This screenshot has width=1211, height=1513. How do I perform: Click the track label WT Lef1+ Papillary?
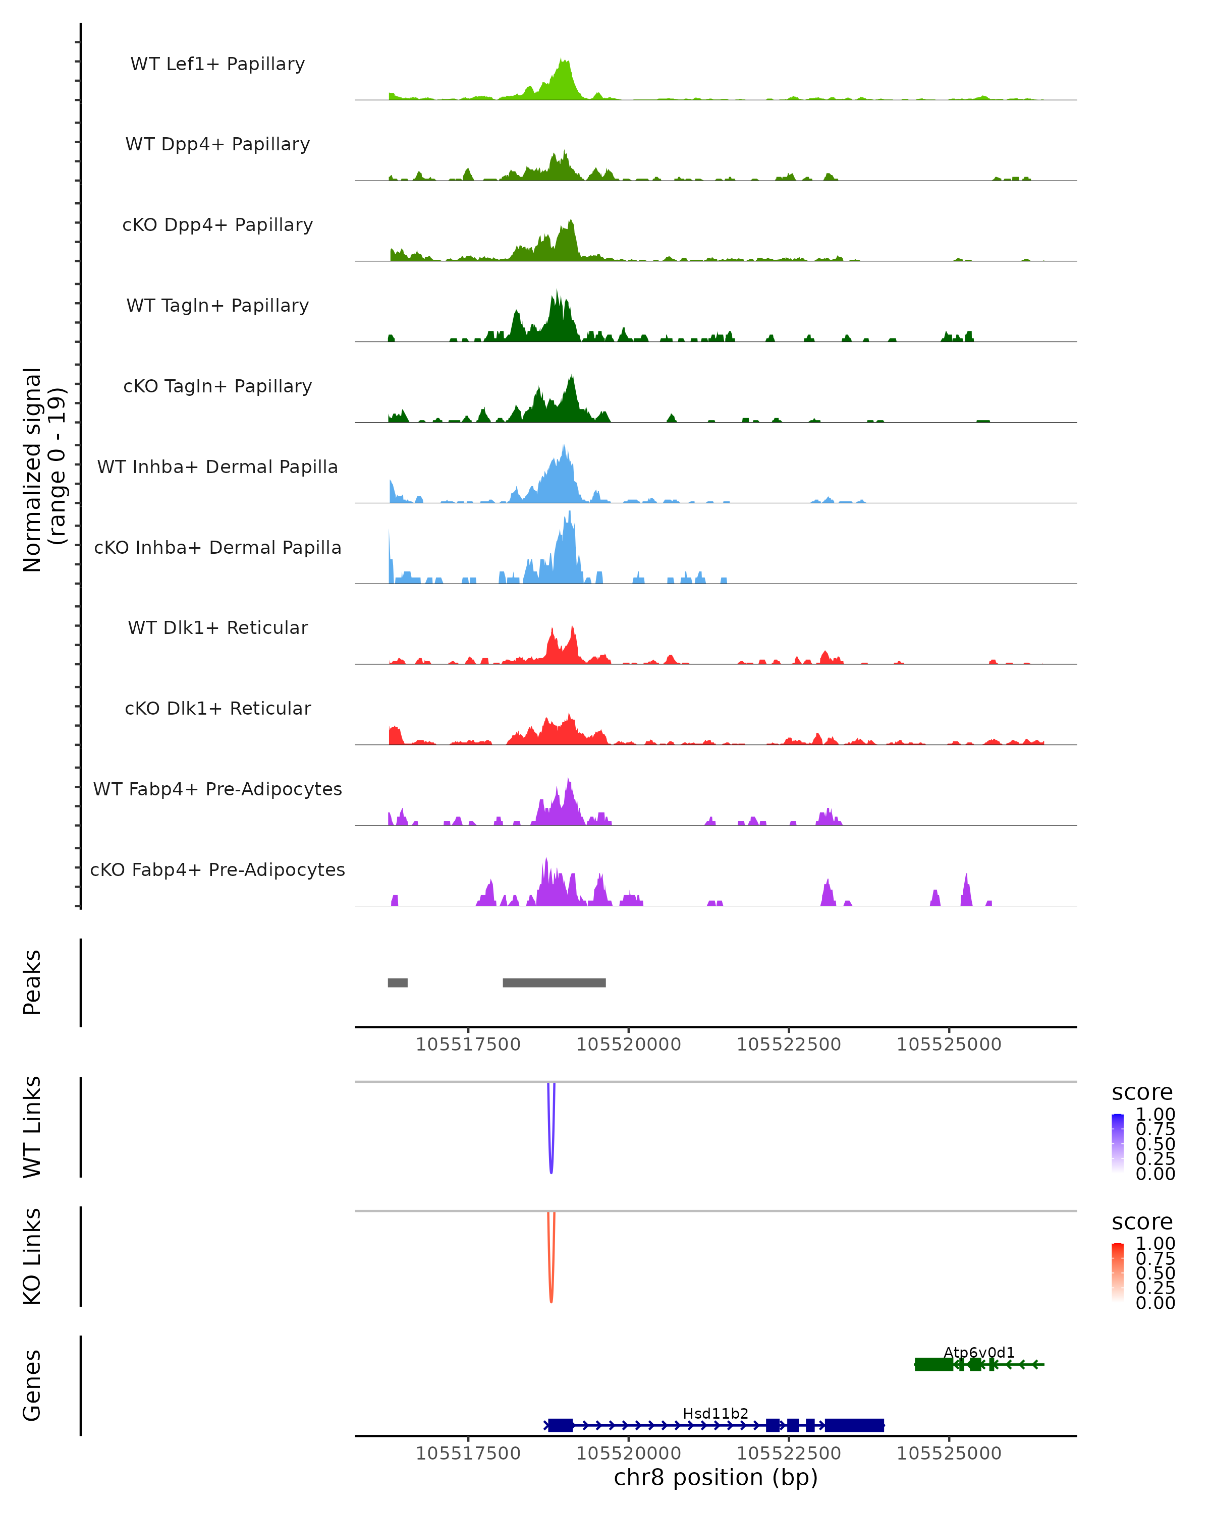coord(217,64)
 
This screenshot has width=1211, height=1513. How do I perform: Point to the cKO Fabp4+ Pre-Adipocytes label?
coord(217,869)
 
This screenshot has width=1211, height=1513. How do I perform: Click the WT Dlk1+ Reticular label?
coord(217,627)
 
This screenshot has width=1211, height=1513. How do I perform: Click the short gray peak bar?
coord(397,982)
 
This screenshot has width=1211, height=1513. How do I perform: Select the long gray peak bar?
coord(554,982)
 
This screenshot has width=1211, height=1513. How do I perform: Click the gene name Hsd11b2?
coord(715,1413)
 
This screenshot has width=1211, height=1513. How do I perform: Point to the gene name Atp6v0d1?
coord(978,1352)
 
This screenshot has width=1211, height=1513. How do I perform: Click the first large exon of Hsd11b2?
coord(560,1425)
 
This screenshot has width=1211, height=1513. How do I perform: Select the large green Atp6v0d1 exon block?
coord(933,1364)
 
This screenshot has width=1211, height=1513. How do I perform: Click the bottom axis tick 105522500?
coord(788,1453)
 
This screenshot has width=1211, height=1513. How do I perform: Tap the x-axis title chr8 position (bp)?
coord(715,1477)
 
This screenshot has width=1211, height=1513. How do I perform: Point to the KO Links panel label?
coord(32,1256)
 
